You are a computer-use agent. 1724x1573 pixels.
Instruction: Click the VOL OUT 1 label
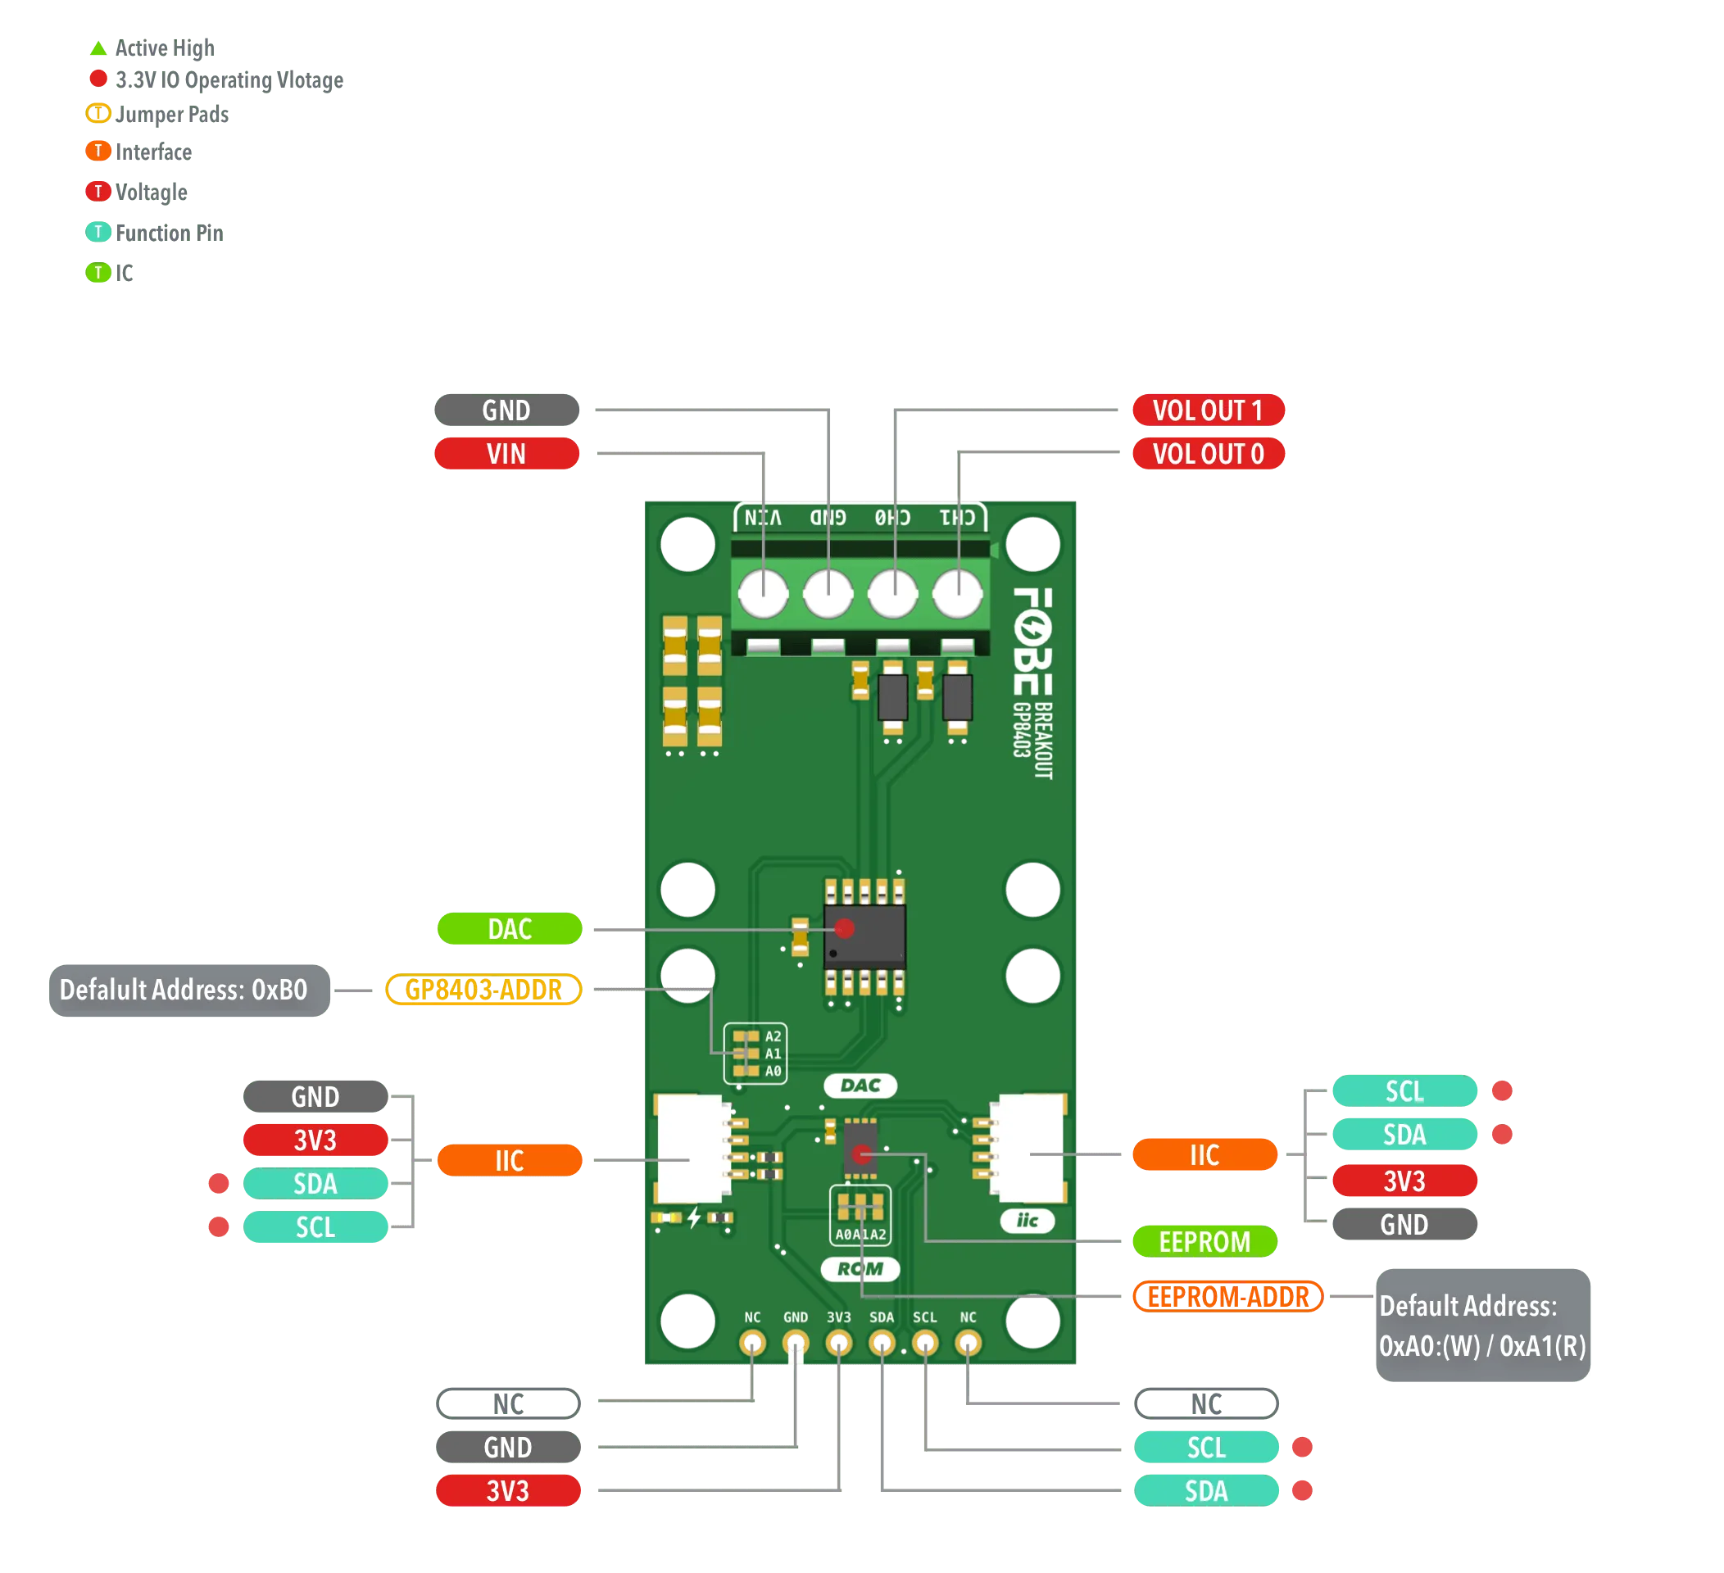coord(1208,410)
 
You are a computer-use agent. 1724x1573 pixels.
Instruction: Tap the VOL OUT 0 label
coord(1208,454)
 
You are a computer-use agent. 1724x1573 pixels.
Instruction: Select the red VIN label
coord(506,454)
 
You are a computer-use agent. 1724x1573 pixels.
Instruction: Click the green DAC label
coord(510,929)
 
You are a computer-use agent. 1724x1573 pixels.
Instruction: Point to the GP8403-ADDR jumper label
coord(484,990)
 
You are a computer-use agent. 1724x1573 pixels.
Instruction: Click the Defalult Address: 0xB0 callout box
coord(184,990)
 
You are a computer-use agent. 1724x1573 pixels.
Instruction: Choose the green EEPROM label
coord(1204,1241)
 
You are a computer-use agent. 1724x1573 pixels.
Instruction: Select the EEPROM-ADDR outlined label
coord(1228,1297)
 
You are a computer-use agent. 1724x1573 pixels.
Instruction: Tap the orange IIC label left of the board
coord(510,1160)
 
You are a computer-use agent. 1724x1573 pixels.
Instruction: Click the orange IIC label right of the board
coord(1204,1155)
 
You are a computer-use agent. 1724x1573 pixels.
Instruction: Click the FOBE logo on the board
coord(1032,641)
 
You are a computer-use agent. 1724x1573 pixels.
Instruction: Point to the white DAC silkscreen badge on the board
coord(860,1086)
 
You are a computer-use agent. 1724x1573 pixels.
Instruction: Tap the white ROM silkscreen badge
coord(860,1269)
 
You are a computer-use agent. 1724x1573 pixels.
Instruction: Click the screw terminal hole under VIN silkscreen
coord(763,593)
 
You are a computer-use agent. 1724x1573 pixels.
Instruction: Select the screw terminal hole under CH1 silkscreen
coord(957,593)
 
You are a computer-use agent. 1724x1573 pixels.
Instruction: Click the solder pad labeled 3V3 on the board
coord(838,1343)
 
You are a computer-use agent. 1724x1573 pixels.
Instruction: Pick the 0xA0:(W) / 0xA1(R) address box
coord(1482,1325)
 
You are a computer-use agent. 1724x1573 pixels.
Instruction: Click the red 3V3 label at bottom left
coord(508,1491)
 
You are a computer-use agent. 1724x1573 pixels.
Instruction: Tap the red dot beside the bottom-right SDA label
coord(1302,1491)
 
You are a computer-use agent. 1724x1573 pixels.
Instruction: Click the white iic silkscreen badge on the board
coord(1027,1221)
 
